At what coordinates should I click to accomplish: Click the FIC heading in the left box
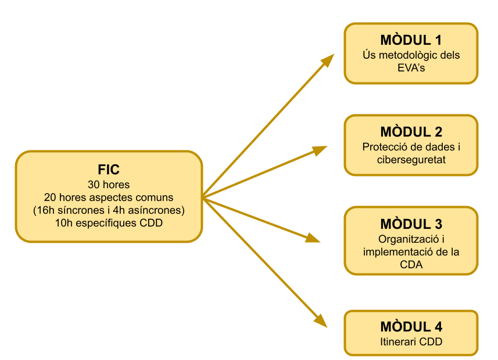[109, 170]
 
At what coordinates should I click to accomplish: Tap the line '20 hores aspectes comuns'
[109, 197]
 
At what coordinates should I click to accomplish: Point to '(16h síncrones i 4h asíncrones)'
[109, 210]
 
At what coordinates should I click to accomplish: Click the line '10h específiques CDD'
[109, 222]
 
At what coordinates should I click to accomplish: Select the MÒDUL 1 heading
[411, 41]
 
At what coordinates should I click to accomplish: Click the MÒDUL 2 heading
[411, 132]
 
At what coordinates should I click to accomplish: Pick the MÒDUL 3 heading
[411, 225]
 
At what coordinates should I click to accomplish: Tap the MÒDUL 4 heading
[411, 327]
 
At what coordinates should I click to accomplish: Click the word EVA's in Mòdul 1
[411, 69]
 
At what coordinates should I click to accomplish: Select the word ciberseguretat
[411, 160]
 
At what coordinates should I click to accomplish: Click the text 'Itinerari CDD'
[411, 342]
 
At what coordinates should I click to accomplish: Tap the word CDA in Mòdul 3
[411, 265]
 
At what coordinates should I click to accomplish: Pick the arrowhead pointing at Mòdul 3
[314, 238]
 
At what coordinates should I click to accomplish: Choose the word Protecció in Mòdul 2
[388, 147]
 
